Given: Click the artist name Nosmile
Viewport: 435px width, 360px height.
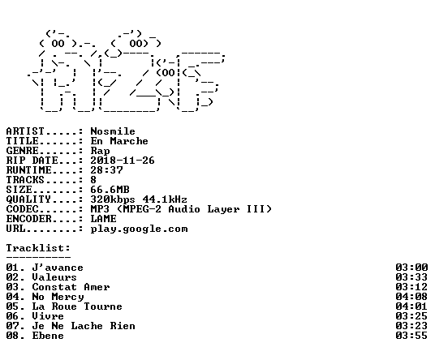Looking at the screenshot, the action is [113, 131].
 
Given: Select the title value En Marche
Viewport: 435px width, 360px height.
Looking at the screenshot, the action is [119, 141].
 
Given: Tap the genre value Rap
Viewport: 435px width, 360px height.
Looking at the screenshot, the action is [100, 151].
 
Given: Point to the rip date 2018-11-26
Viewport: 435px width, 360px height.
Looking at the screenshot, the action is [123, 161].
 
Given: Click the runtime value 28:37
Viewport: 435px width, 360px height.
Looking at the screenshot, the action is [106, 170].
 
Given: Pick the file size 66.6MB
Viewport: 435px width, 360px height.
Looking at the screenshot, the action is [110, 190].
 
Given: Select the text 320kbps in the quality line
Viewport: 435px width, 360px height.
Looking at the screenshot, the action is [113, 199].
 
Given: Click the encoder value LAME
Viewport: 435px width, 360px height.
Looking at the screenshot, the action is [103, 219].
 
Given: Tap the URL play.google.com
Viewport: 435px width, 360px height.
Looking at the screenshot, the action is [139, 229].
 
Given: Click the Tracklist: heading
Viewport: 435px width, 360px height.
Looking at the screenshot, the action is [38, 248].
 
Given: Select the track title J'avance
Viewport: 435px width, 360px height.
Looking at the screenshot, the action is [58, 268].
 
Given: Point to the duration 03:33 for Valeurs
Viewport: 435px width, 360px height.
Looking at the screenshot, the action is [411, 277].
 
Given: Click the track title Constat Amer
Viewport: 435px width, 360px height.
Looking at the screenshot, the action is [71, 287].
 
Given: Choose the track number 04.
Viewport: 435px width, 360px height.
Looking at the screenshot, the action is [12, 297].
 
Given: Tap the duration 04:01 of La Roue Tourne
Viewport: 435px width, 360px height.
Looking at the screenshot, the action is [411, 306].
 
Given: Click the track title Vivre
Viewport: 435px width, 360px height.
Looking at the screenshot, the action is [48, 316].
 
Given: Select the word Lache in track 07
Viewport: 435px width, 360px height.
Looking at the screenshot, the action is [87, 326].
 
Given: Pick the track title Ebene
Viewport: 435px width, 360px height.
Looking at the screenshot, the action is [48, 336].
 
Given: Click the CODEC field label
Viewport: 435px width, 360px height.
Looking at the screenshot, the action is [22, 209].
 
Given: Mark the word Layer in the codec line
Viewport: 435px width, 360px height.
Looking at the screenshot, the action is [223, 209].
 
